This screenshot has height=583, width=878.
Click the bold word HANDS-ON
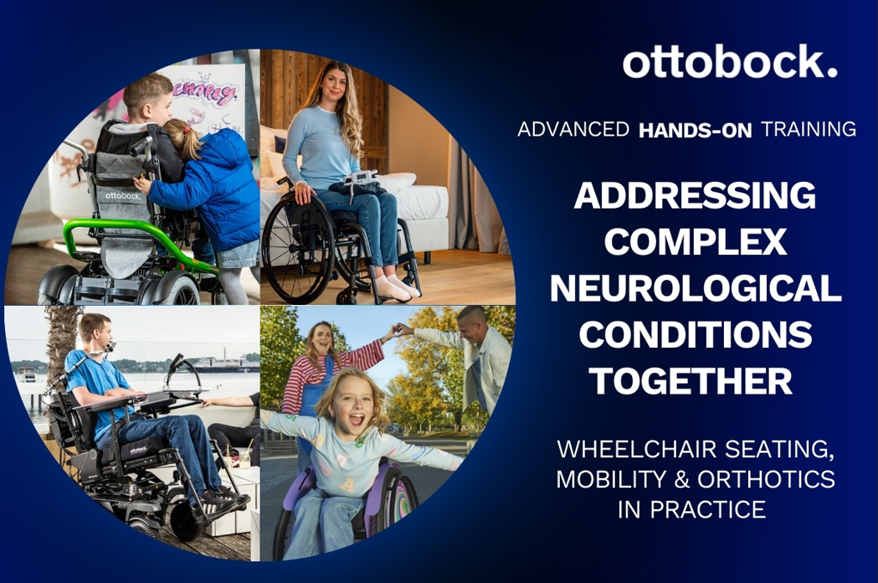point(695,130)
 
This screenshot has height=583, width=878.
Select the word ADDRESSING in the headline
point(695,195)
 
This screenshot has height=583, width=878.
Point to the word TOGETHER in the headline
point(692,380)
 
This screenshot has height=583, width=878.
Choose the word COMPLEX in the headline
point(696,241)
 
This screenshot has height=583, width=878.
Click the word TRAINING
point(808,130)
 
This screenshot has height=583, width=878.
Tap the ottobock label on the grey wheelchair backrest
point(123,196)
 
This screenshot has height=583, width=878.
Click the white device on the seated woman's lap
point(362,178)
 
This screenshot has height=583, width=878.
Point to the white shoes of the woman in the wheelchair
point(397,287)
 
